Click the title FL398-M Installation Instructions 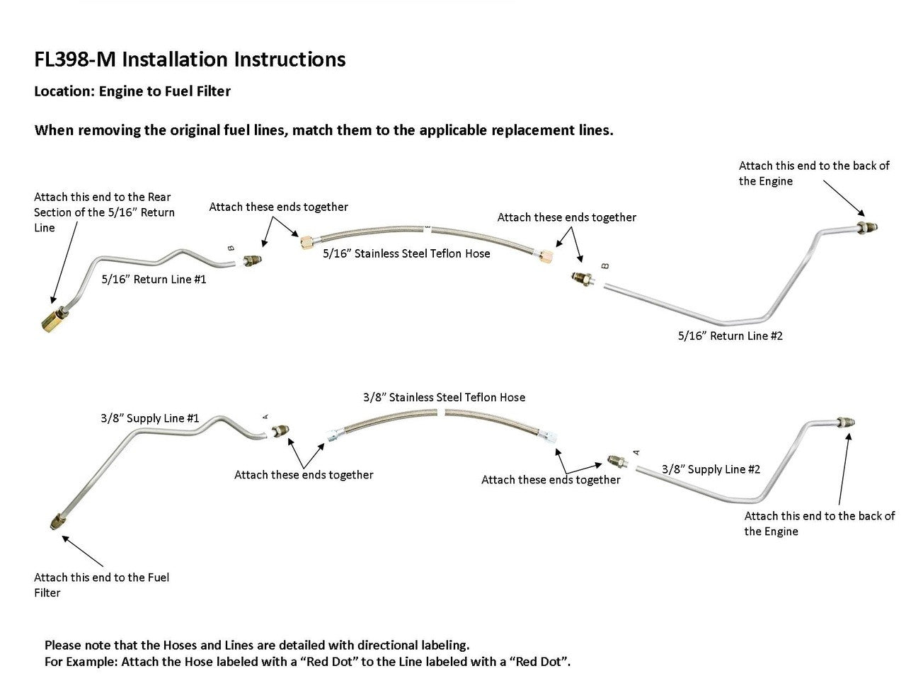tap(190, 59)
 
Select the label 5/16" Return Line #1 tap(154, 280)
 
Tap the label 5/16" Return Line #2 tap(730, 335)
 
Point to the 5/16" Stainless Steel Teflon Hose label tap(406, 253)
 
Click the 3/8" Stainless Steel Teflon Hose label tap(444, 398)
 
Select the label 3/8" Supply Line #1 tap(150, 418)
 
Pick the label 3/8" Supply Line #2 tap(711, 469)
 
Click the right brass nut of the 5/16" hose tap(546, 254)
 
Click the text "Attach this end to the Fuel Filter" tap(101, 585)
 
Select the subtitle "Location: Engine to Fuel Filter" tap(132, 91)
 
